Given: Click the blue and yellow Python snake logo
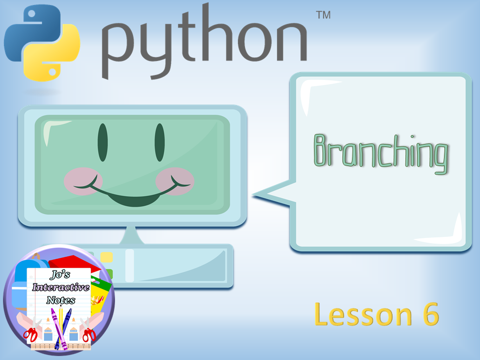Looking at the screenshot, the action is pos(42,43).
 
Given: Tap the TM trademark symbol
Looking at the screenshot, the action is pos(323,15).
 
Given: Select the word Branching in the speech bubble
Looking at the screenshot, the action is pos(381,153).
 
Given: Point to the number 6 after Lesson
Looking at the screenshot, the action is pos(431,314).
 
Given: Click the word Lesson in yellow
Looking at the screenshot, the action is pos(363,314).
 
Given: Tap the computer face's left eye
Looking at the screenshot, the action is pos(102,142).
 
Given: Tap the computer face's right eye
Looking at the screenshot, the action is pos(159,142).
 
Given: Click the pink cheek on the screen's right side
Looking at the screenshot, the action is pos(175,181).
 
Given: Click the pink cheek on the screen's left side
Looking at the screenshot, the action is pos(83,181).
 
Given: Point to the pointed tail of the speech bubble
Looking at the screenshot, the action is pos(254,194).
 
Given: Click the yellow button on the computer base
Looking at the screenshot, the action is pos(106,257).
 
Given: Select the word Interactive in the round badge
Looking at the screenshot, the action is pos(61,287).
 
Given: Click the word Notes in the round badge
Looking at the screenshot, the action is pos(61,300).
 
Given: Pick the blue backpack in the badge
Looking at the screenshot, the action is pos(21,284).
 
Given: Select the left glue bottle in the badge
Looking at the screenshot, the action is pos(48,329).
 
